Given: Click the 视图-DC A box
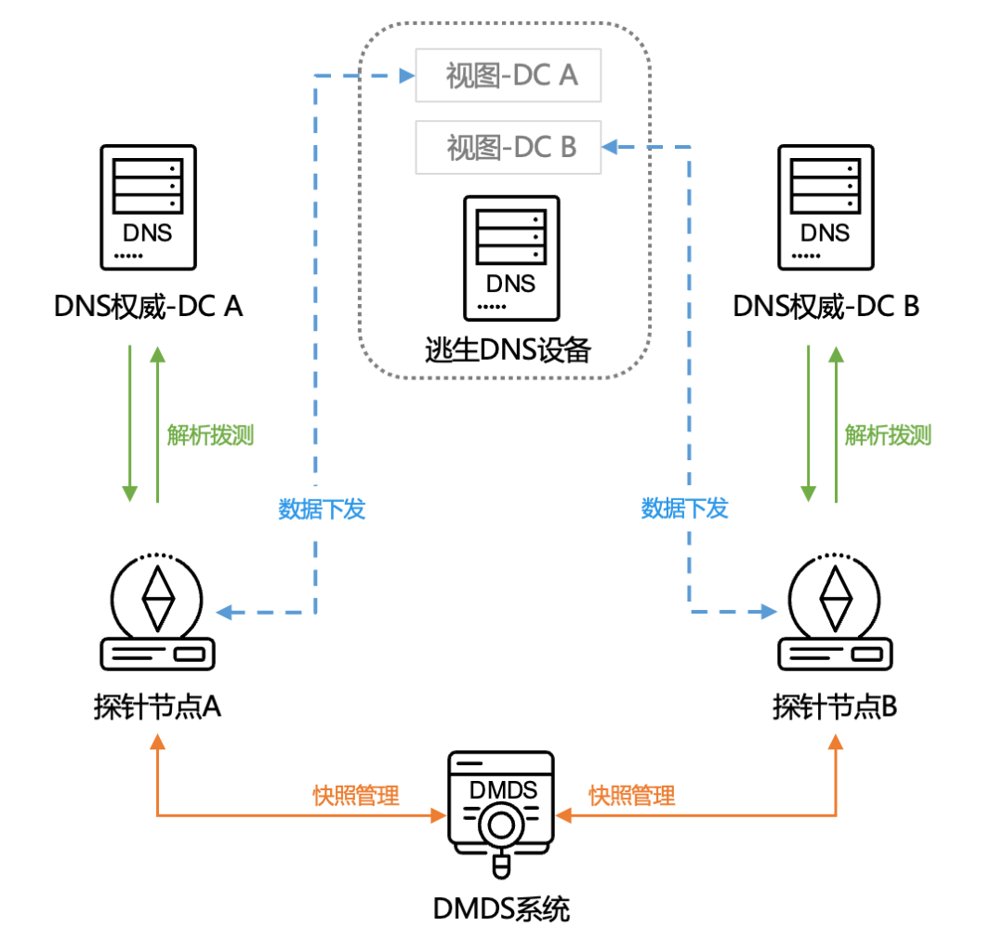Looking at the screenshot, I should tap(509, 75).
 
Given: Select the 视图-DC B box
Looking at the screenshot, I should tap(509, 147).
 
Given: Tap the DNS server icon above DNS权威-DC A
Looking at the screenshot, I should tap(148, 207).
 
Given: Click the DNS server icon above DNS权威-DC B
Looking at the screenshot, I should tap(825, 207).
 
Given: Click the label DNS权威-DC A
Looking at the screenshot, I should tap(149, 306).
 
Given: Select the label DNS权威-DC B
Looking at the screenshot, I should tap(826, 306).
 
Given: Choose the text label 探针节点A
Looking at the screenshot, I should tap(157, 708).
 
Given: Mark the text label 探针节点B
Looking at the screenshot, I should tap(834, 708).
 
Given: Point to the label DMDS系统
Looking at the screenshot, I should tap(501, 908).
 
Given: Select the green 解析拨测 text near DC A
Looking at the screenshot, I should tap(210, 435).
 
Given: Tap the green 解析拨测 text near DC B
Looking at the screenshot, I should tap(888, 435).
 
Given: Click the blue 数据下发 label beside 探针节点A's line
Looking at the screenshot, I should tap(322, 509).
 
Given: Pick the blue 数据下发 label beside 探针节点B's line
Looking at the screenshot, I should tap(684, 509).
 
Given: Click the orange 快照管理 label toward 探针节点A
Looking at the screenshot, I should tap(355, 796).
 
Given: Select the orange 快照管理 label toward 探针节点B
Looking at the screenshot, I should tap(632, 796).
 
